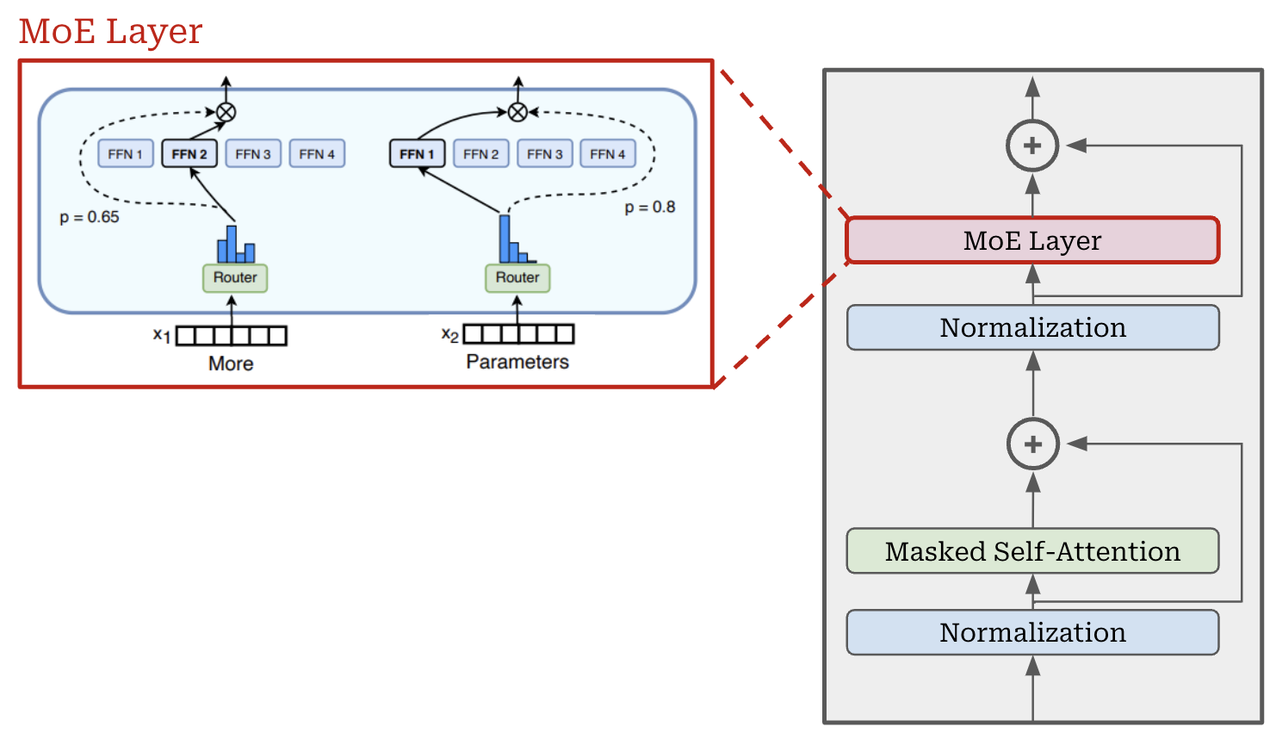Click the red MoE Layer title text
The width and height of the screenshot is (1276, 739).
(x=110, y=32)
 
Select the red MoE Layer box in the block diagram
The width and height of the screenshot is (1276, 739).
(x=1032, y=240)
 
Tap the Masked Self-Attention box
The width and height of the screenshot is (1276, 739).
(x=1032, y=551)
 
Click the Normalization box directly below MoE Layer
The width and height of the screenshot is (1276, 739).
(x=1032, y=328)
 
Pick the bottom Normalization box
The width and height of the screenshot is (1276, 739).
(x=1032, y=633)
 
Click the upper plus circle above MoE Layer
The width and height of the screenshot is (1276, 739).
(x=1032, y=146)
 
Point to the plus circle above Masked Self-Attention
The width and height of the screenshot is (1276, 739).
(x=1032, y=444)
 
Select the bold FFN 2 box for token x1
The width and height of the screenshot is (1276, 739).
(x=189, y=154)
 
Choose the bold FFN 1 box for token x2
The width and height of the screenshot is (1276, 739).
(x=417, y=154)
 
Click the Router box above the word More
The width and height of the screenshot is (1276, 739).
(x=235, y=277)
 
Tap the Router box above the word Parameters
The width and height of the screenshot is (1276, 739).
(x=517, y=277)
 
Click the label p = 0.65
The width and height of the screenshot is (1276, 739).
(x=90, y=217)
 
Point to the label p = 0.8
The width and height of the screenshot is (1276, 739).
(x=650, y=208)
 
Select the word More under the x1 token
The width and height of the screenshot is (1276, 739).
(x=231, y=363)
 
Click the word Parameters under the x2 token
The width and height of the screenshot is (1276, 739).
(x=517, y=362)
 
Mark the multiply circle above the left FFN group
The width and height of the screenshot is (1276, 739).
(x=226, y=112)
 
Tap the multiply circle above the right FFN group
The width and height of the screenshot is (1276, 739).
(x=517, y=112)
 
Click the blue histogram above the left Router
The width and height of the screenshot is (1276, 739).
(x=236, y=245)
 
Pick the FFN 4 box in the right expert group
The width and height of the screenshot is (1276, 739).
(x=608, y=154)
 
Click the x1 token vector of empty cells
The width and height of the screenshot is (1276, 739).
(x=231, y=335)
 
